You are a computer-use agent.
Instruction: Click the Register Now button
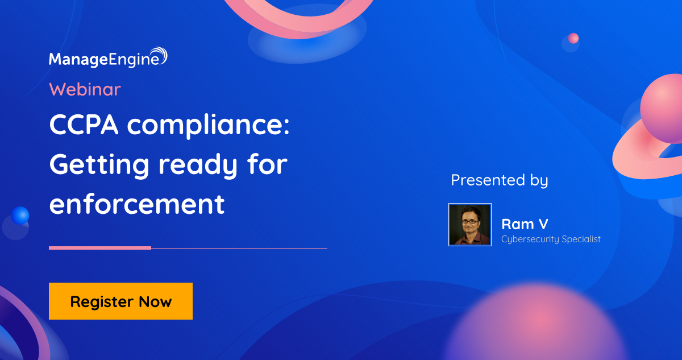[120, 301]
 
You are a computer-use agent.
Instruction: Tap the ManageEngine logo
[108, 58]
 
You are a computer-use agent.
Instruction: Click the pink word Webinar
[85, 89]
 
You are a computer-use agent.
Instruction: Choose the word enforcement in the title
[137, 204]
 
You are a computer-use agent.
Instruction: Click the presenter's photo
[470, 225]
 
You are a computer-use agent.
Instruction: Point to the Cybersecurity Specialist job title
[551, 239]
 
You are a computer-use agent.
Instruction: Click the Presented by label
[500, 180]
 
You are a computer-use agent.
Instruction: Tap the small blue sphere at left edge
[20, 216]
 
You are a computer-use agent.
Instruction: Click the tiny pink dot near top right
[573, 38]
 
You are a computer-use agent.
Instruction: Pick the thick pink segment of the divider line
[100, 248]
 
